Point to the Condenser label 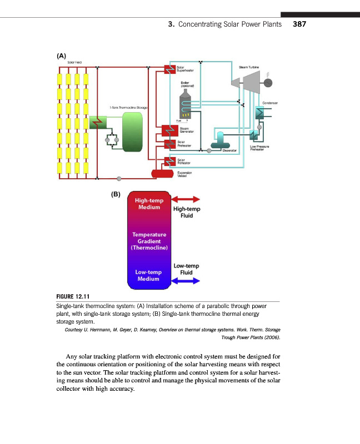(269, 103)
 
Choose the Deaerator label (229, 150)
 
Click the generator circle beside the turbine (268, 83)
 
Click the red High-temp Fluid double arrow (186, 199)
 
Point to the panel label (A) (61, 56)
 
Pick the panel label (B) (115, 195)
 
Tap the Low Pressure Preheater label (260, 148)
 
